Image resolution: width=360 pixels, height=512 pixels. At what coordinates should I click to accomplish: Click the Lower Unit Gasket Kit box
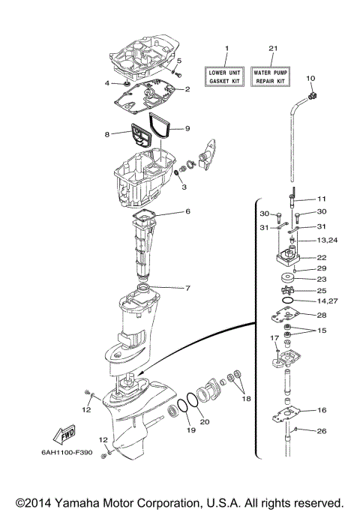click(x=226, y=75)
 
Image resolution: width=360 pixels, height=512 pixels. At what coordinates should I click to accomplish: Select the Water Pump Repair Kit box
click(x=272, y=75)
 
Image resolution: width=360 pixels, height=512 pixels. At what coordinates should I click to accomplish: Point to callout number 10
click(x=311, y=79)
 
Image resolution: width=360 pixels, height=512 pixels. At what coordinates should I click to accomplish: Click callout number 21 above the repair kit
click(x=273, y=49)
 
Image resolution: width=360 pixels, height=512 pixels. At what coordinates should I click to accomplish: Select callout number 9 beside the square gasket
click(x=187, y=128)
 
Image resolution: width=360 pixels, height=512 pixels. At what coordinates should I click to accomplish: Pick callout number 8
click(x=107, y=136)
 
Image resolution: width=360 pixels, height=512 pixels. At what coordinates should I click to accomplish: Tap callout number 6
click(x=187, y=211)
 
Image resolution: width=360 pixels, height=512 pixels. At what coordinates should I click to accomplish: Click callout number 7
click(x=187, y=288)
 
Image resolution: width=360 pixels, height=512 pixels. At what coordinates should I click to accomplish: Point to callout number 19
click(x=190, y=430)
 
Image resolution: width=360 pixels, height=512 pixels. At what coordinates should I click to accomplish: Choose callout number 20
click(x=205, y=421)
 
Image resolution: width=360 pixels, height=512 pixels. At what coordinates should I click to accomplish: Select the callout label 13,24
click(x=327, y=241)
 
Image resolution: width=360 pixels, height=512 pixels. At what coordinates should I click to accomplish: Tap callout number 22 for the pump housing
click(x=321, y=257)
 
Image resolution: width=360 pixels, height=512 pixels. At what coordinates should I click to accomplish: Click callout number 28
click(x=321, y=315)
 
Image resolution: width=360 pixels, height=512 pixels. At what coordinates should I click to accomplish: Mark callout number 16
click(x=321, y=410)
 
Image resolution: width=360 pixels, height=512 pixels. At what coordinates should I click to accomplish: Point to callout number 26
click(x=321, y=431)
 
